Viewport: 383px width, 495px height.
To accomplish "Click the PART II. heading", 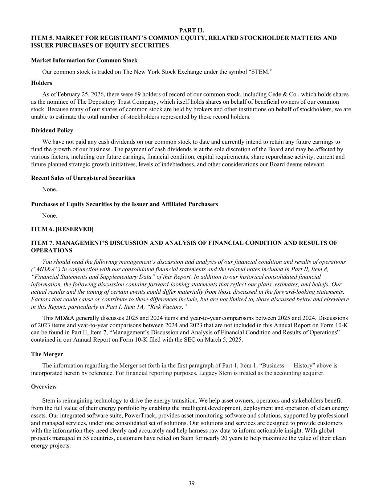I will [191, 30].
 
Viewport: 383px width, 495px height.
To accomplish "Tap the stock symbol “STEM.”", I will [262, 72].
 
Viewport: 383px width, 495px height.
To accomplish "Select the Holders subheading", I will [41, 83].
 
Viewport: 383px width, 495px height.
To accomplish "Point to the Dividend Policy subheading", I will [52, 131].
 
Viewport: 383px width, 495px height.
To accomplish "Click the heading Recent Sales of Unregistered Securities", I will [83, 178].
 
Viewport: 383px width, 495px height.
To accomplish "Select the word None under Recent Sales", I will [49, 189].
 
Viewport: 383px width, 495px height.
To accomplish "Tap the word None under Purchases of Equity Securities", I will [49, 215].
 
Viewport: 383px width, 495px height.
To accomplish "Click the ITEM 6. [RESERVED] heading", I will [62, 229].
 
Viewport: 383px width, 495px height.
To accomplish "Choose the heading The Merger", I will [47, 354].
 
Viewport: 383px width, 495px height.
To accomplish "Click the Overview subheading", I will [44, 387].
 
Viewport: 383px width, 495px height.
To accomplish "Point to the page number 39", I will [191, 483].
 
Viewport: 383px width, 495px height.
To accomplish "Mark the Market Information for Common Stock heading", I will [84, 61].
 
